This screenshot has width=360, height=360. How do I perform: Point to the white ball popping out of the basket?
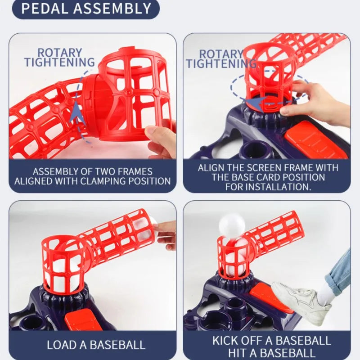click(x=232, y=225)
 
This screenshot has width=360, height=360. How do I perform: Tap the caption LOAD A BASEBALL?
click(x=96, y=345)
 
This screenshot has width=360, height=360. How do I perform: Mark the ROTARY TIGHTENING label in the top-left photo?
click(x=60, y=58)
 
